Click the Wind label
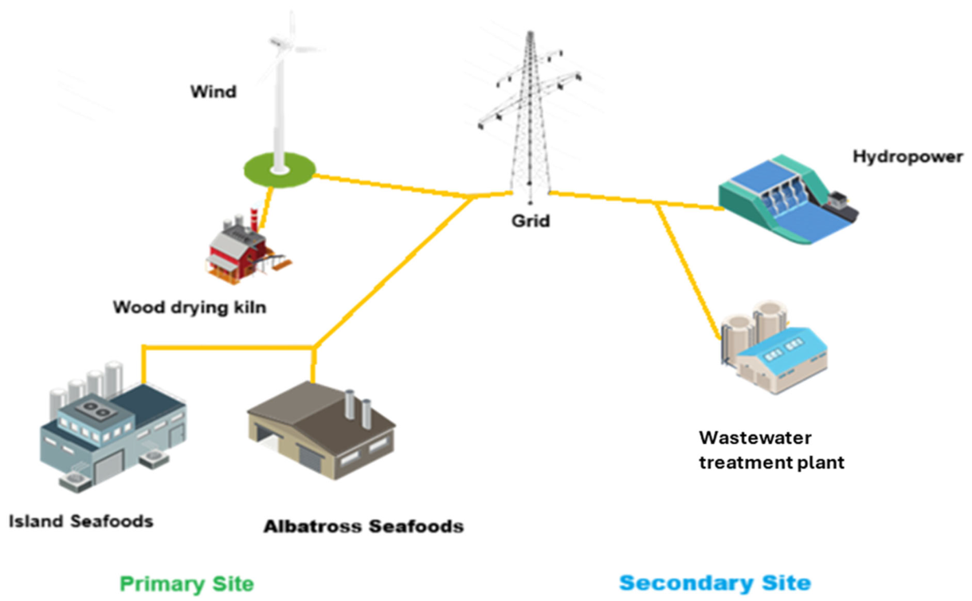(x=213, y=92)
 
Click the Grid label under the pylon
(x=531, y=221)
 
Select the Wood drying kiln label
(x=188, y=307)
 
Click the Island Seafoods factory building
(x=112, y=426)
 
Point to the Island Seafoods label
(x=80, y=522)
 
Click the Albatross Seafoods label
(x=363, y=526)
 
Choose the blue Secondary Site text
(x=715, y=583)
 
